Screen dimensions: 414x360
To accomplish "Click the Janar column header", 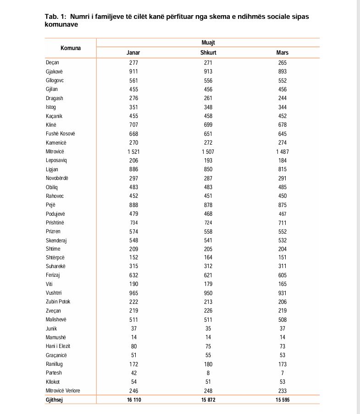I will (133, 52).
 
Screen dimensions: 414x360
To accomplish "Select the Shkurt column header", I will (208, 52).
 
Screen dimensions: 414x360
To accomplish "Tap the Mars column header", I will (282, 52).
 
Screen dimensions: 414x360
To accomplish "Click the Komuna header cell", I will (71, 48).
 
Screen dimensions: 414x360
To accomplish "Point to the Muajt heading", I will (208, 43).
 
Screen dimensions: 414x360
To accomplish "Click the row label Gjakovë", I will (54, 72).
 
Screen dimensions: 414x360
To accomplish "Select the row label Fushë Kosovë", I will (60, 134).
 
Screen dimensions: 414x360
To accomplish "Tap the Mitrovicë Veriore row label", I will (63, 391).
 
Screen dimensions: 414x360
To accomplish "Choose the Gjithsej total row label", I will (55, 400).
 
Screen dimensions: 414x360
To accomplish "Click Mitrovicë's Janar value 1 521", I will (133, 151).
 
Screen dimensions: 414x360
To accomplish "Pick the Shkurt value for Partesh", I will (208, 373).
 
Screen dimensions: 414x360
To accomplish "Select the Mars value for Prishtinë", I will (282, 223).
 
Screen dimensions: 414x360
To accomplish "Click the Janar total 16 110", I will (133, 400).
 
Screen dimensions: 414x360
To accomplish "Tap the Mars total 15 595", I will (282, 400).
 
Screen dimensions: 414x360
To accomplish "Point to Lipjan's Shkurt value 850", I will (208, 169).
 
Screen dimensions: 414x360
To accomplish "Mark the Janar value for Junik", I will (133, 329).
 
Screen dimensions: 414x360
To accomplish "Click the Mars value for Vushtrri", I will (282, 293).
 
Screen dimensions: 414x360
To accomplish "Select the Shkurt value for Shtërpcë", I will (208, 258).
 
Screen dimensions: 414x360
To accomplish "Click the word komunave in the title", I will (61, 25).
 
